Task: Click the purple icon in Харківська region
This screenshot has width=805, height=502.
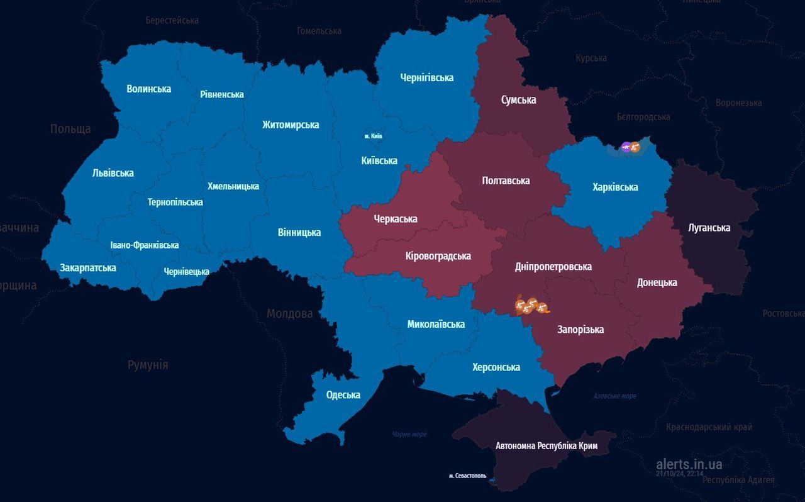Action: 626,148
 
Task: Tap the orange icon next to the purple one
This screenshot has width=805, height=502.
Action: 635,148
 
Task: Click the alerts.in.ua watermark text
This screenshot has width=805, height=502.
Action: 689,464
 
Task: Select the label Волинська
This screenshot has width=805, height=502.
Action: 148,89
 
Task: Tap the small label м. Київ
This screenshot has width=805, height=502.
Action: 373,136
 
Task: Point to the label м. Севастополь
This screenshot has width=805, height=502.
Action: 467,476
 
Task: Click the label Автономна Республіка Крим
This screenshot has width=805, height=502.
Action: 546,446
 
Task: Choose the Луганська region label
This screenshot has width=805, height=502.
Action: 709,228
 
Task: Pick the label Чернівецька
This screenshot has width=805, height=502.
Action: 186,271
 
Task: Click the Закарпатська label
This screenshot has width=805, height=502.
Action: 88,267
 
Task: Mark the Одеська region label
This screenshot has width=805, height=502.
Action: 343,395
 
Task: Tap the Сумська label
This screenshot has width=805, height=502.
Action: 518,99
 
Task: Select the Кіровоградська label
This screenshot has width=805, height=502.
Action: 438,256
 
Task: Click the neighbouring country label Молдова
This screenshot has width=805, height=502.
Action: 289,313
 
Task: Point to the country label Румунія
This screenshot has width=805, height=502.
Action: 148,365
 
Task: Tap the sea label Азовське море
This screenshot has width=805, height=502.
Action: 614,396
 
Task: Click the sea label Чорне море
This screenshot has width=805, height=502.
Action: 409,434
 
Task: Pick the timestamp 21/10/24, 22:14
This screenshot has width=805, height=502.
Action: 680,474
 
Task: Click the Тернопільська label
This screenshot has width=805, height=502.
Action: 175,202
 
